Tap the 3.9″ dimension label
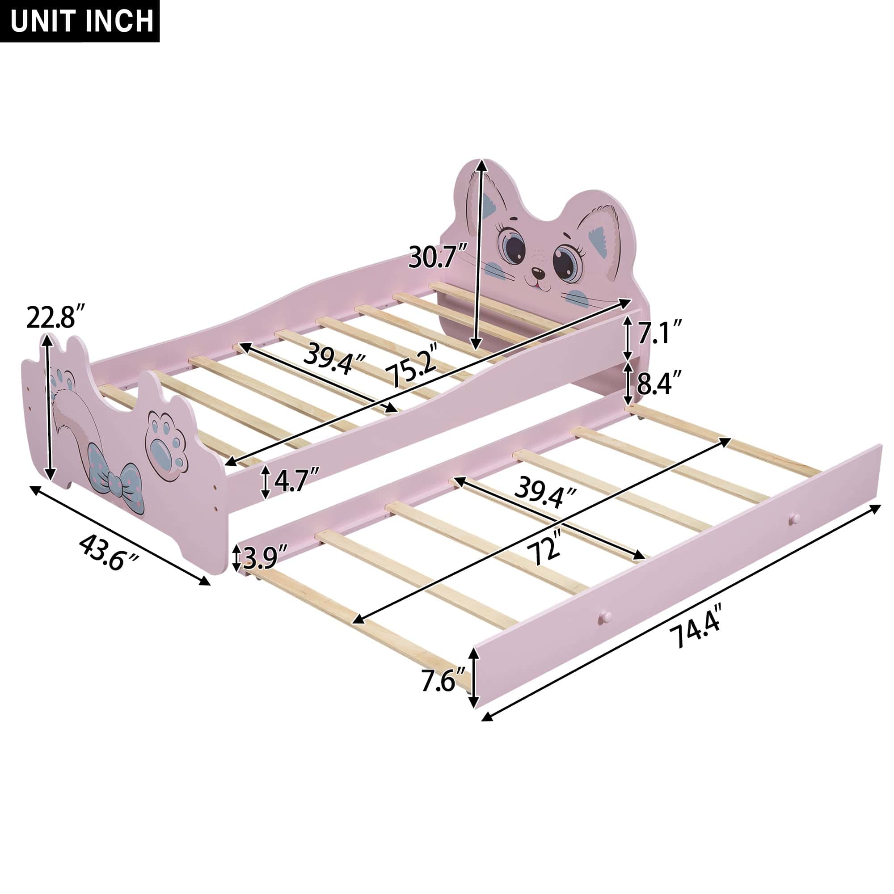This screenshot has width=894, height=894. [264, 558]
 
